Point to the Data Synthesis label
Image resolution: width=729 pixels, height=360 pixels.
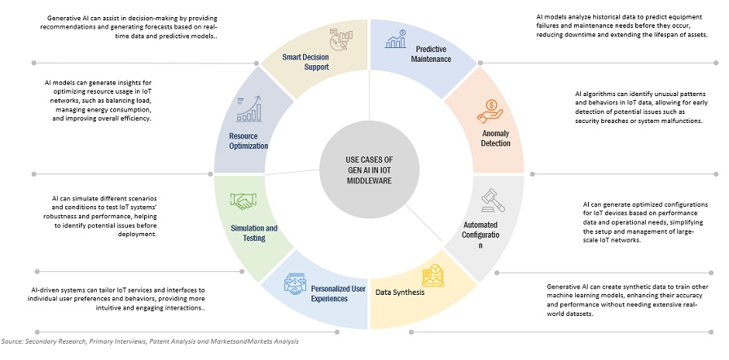(400, 292)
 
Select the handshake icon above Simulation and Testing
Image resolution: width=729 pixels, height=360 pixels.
(243, 200)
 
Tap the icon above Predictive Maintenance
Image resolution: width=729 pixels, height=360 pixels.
(401, 37)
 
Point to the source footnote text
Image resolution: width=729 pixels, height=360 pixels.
(150, 341)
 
